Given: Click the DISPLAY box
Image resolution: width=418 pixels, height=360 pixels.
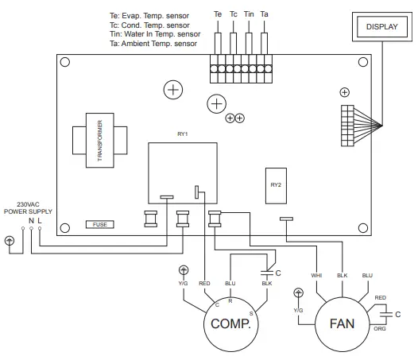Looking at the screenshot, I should pyautogui.click(x=381, y=27).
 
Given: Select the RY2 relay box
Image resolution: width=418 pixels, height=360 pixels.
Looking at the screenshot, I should pyautogui.click(x=275, y=184).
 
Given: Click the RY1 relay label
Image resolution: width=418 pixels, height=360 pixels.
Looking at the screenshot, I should pyautogui.click(x=182, y=134).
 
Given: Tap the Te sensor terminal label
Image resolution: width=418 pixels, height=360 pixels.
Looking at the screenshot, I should pyautogui.click(x=218, y=15).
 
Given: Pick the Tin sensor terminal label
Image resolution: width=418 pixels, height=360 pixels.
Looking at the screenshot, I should pyautogui.click(x=249, y=15).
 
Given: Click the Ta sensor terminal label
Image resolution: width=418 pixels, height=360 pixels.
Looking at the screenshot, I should pyautogui.click(x=265, y=15).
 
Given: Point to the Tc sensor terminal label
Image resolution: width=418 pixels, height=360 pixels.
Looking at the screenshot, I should pyautogui.click(x=233, y=15).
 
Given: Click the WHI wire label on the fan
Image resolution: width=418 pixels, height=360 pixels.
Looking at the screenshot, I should pyautogui.click(x=315, y=276).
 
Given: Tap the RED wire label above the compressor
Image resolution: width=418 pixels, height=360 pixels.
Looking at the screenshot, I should pyautogui.click(x=204, y=282).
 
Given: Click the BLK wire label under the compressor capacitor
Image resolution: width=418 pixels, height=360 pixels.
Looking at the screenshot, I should pyautogui.click(x=268, y=283).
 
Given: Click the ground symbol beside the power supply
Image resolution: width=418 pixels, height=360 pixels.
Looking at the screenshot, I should pyautogui.click(x=10, y=239).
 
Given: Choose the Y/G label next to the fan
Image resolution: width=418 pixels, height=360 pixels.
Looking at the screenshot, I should pyautogui.click(x=298, y=309).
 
